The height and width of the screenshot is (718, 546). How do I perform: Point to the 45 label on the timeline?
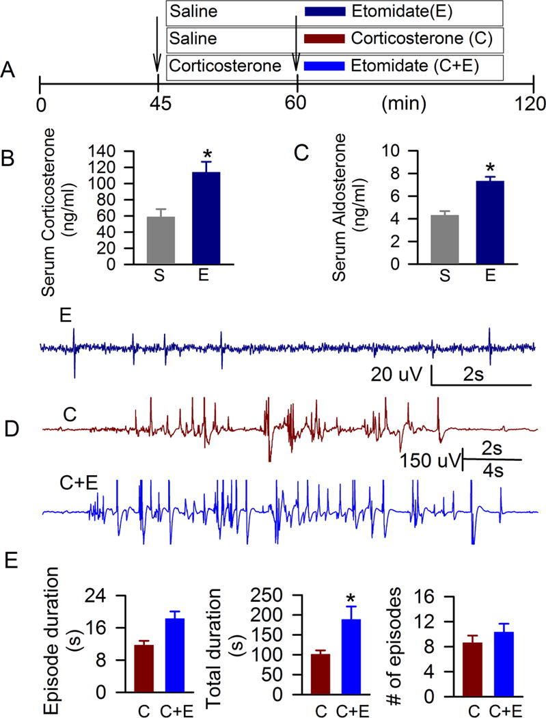coord(159,105)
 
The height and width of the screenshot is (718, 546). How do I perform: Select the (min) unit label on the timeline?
coord(403,105)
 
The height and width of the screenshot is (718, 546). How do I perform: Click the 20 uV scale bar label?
coord(398,373)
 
